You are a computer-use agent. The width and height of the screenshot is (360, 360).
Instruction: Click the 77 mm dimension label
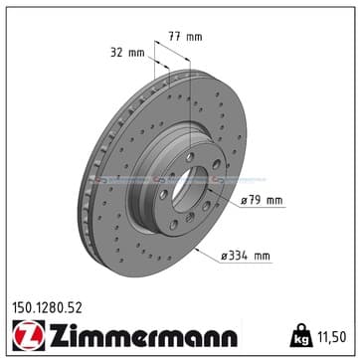tap(185, 37)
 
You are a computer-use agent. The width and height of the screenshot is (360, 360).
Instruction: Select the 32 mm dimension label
tap(127, 53)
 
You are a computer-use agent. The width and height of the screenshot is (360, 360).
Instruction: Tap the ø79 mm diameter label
tap(262, 201)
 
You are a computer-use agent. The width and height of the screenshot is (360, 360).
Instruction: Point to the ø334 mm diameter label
tap(246, 256)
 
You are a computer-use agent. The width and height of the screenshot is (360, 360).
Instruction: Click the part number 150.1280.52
tap(47, 308)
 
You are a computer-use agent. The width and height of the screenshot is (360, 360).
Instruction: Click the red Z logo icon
tap(28, 335)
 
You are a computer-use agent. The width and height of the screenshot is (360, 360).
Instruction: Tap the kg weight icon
tap(301, 335)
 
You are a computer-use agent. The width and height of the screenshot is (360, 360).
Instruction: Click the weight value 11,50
tap(332, 337)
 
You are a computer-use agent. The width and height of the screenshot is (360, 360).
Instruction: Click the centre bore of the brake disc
tap(189, 189)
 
